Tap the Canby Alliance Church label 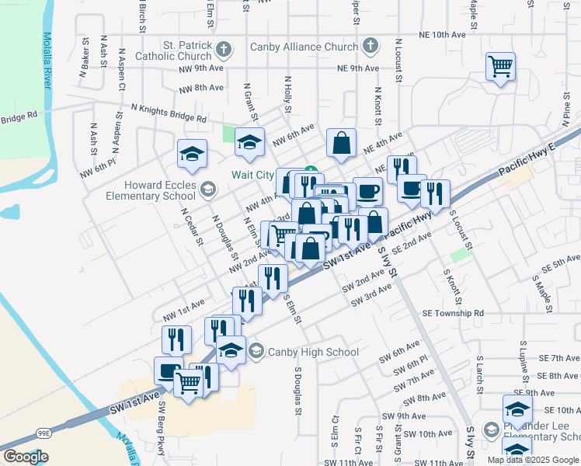coord(304,47)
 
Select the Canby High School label coord(313,352)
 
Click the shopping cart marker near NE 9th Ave coord(501,66)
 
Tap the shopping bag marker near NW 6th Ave coord(341,143)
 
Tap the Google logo coord(26,457)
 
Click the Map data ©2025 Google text coord(533,460)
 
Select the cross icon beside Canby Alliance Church coord(370,47)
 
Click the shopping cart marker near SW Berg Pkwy coord(189,382)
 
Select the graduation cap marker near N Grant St coord(249,142)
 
